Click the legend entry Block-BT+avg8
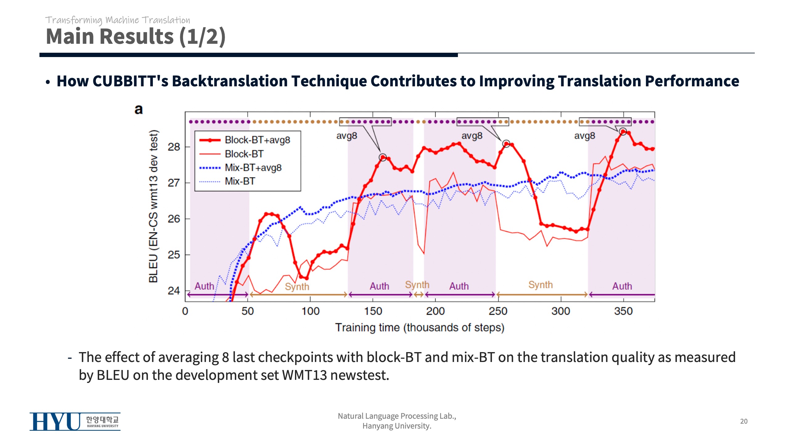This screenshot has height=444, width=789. [x=257, y=140]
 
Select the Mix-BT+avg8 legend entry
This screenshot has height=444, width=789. [x=253, y=168]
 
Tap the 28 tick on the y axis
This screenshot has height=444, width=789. [x=174, y=147]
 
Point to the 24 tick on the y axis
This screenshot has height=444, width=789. [x=174, y=291]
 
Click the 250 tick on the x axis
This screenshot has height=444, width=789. [x=498, y=311]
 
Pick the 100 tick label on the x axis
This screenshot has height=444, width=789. [x=310, y=311]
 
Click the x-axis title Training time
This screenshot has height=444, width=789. [x=419, y=327]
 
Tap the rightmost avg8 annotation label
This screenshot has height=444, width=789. [x=584, y=136]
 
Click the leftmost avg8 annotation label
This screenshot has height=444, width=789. [x=346, y=136]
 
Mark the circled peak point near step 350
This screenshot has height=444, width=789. [x=623, y=132]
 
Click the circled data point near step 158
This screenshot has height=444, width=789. [x=383, y=157]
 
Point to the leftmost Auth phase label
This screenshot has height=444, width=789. [x=204, y=286]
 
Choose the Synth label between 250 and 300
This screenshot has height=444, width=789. [x=540, y=285]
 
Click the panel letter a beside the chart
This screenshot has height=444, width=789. [x=139, y=109]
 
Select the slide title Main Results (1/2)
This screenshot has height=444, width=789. [x=136, y=36]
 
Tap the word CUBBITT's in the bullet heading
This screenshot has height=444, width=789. [x=130, y=81]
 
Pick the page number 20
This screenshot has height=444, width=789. [x=744, y=421]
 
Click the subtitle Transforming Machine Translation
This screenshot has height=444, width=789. [x=118, y=20]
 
